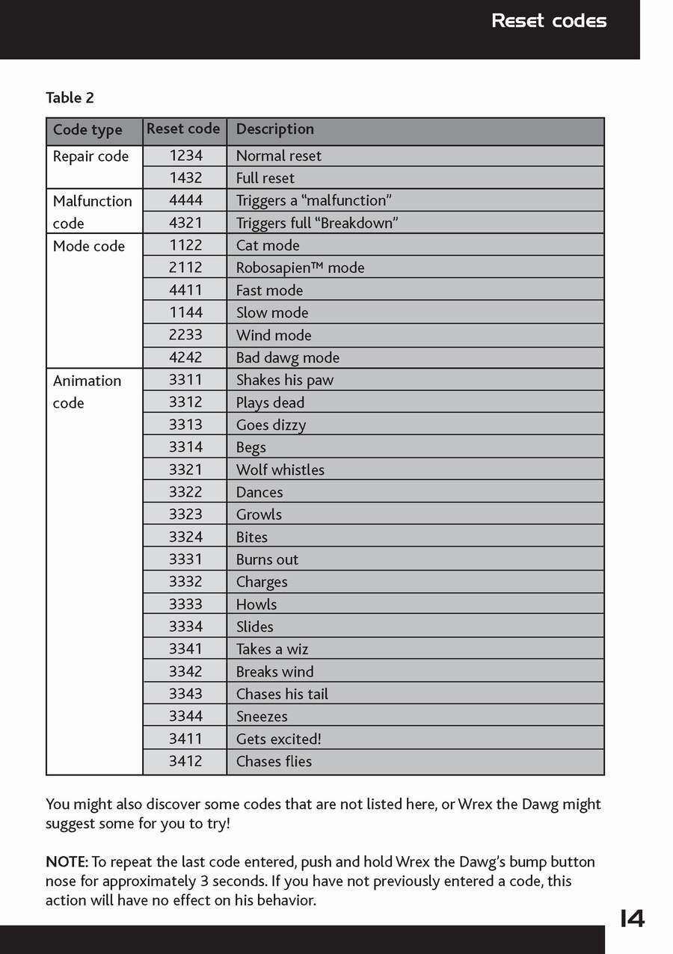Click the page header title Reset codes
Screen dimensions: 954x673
pyautogui.click(x=549, y=21)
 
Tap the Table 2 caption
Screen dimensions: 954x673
pyautogui.click(x=70, y=98)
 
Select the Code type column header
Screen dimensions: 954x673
pyautogui.click(x=87, y=130)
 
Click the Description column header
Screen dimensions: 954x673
pyautogui.click(x=274, y=129)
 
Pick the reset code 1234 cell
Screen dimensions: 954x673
pyautogui.click(x=185, y=156)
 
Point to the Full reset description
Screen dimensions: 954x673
pyautogui.click(x=265, y=178)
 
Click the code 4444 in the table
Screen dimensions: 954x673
pyautogui.click(x=185, y=200)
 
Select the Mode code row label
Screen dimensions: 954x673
pyautogui.click(x=88, y=246)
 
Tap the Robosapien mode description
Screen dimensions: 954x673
pyautogui.click(x=300, y=268)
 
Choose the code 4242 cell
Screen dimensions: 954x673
pyautogui.click(x=185, y=357)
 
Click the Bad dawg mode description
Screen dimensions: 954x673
pyautogui.click(x=287, y=357)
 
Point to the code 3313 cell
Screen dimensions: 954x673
pyautogui.click(x=185, y=425)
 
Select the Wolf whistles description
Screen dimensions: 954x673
pyautogui.click(x=280, y=470)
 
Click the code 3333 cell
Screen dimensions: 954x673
pyautogui.click(x=185, y=604)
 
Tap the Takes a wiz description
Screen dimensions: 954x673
pyautogui.click(x=271, y=649)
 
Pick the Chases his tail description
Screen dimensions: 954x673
pyautogui.click(x=282, y=694)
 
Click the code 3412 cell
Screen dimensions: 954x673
pyautogui.click(x=185, y=761)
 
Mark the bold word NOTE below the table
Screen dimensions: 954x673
pyautogui.click(x=67, y=862)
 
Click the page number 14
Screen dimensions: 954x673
pyautogui.click(x=632, y=919)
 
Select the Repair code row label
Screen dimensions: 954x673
pyautogui.click(x=90, y=156)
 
